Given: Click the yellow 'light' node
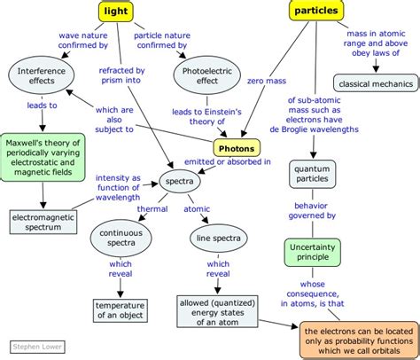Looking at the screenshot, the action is (x=116, y=12).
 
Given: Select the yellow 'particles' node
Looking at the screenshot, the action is (x=316, y=11).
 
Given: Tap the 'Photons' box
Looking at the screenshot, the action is (x=237, y=148).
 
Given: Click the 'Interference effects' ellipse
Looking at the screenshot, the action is (x=42, y=75).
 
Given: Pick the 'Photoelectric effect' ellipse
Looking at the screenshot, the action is (x=207, y=75).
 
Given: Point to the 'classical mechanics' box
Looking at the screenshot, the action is (x=376, y=83).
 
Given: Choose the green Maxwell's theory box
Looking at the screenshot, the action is (x=43, y=157).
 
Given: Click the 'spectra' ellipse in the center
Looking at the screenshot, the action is (x=180, y=181).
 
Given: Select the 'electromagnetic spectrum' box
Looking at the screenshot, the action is (x=43, y=222).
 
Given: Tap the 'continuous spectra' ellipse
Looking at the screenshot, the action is (x=121, y=238).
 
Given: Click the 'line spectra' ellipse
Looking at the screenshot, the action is (x=218, y=238).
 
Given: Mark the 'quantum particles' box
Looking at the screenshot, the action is (x=312, y=174).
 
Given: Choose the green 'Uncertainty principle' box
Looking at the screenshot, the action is (x=313, y=252).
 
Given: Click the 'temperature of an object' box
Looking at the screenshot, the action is (x=120, y=310).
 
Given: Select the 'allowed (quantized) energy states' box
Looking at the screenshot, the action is (x=217, y=312).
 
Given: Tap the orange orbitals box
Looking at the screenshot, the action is (x=360, y=340).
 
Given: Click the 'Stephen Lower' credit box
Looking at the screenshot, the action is (x=37, y=347).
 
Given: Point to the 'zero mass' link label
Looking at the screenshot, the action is (x=267, y=81).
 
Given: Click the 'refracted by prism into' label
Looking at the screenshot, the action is (x=121, y=75).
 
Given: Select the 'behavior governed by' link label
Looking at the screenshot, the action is (x=312, y=210).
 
